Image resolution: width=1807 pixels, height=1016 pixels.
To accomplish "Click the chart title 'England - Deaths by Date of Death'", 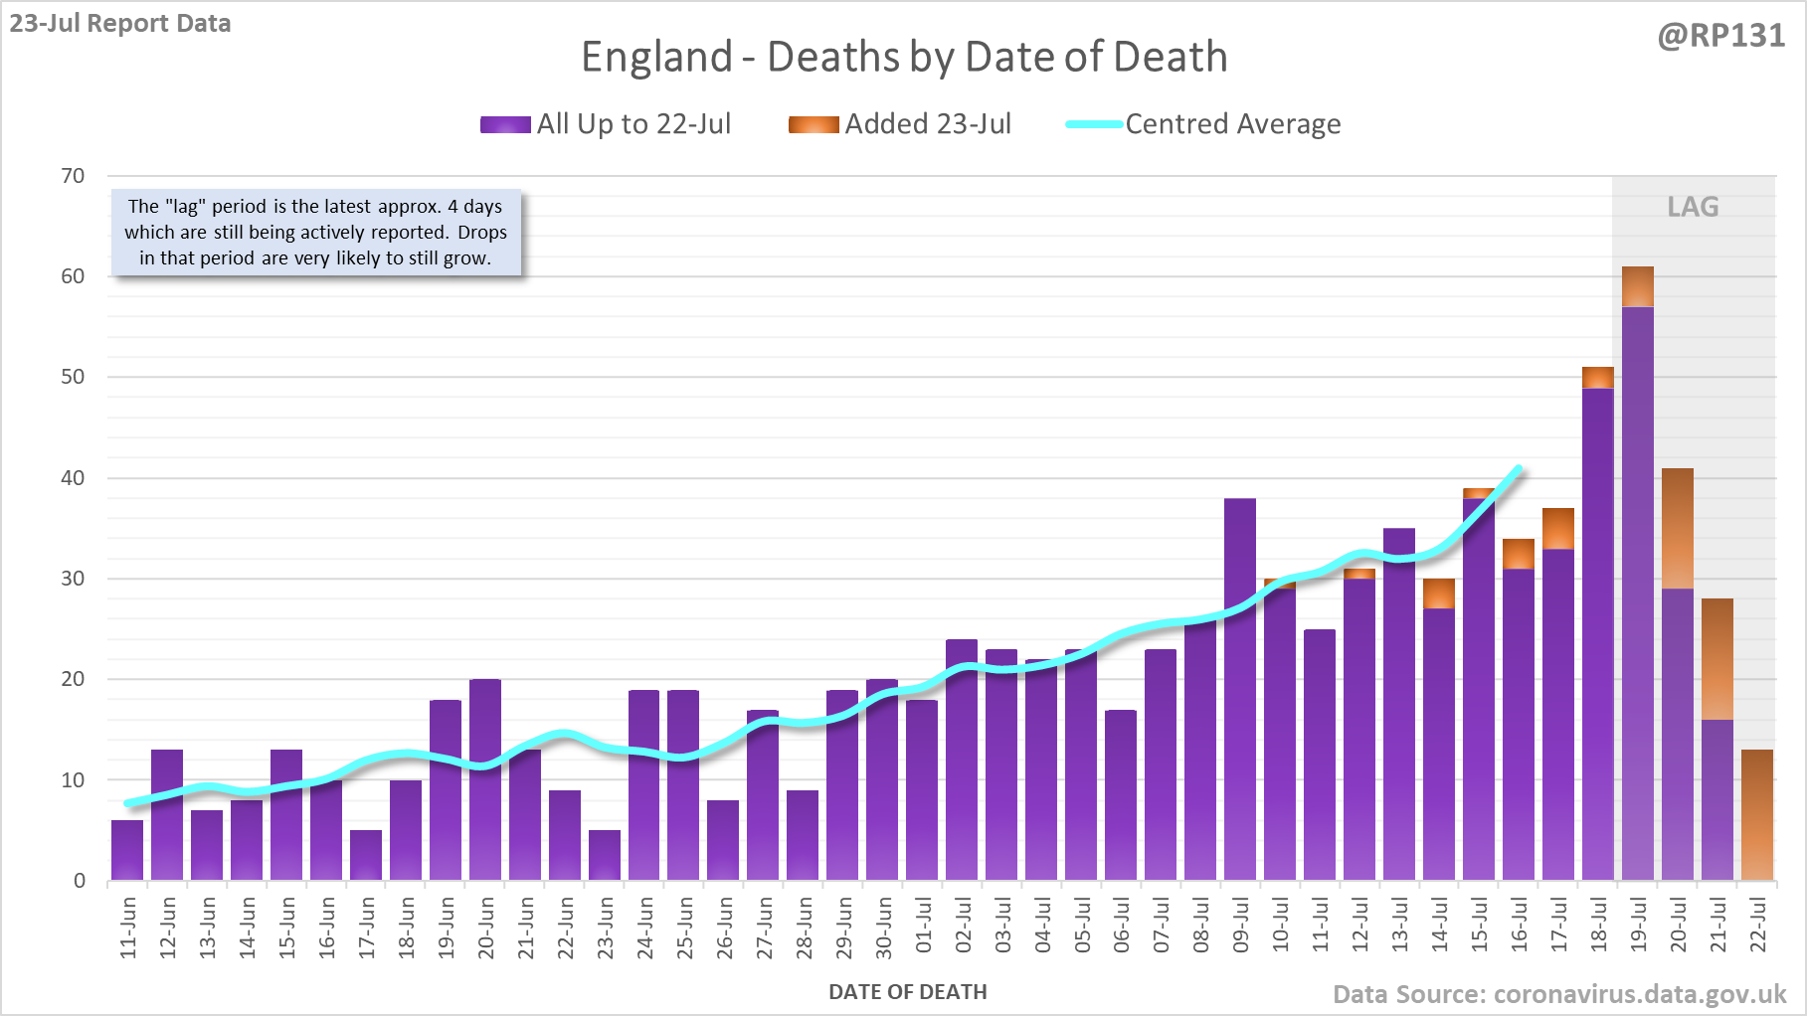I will pos(904,57).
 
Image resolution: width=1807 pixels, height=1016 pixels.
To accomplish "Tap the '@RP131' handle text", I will pos(1720,36).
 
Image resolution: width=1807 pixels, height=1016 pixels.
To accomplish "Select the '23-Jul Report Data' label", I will pos(120,23).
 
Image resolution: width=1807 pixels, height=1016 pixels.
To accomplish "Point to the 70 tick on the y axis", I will pos(73,176).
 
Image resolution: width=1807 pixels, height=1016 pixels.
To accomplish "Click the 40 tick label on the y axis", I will pos(73,478).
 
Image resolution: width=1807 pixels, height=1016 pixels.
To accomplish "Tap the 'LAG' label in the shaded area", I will pos(1693,207).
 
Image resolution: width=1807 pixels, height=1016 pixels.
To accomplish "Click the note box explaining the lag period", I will pos(315,233).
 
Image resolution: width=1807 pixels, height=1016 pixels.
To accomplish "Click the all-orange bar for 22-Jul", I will pos(1757,815).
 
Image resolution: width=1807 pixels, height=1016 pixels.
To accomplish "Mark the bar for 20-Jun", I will pos(485,780).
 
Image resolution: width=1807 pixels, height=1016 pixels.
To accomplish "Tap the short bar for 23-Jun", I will pos(605,855).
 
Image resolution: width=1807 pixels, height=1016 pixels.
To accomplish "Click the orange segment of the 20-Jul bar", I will pos(1678,528).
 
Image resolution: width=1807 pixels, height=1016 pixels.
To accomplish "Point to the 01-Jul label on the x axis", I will pos(924,927).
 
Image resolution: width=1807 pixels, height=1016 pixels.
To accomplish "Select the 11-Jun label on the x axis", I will pos(128,928).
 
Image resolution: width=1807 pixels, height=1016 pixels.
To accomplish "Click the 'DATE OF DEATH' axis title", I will pos(907,992).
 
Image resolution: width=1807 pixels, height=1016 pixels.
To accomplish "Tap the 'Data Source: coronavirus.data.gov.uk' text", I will pos(1558,994).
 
